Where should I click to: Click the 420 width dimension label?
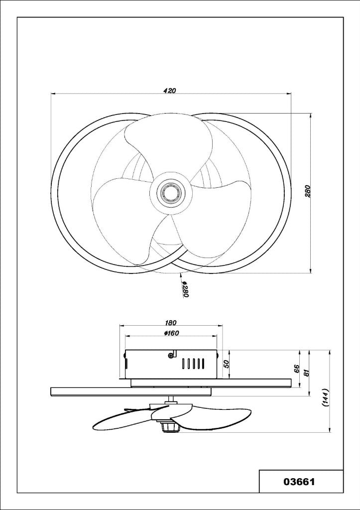(x=170, y=91)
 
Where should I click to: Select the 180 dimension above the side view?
(x=170, y=323)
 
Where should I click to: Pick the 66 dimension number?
(x=296, y=369)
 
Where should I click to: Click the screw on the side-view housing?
(x=171, y=355)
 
